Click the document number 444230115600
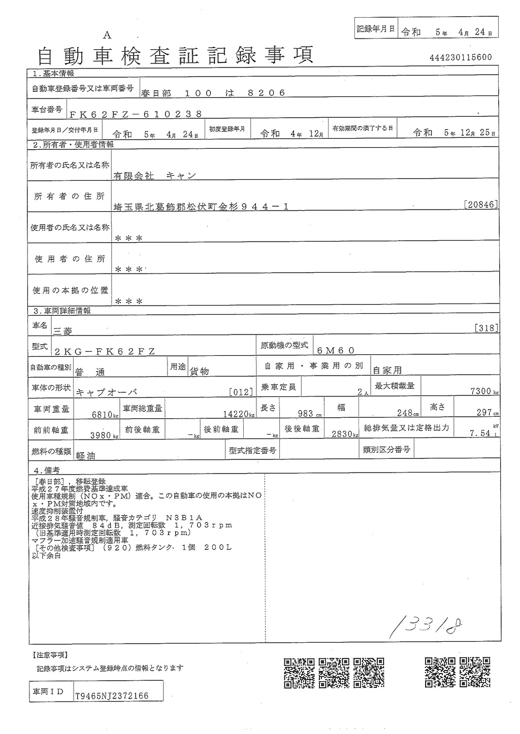point(460,57)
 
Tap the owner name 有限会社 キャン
point(154,175)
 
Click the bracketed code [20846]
point(480,205)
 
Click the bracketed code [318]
point(486,328)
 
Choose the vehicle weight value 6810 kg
point(105,414)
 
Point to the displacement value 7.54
point(479,433)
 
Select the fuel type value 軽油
point(85,456)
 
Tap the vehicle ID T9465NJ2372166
point(112,696)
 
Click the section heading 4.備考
point(46,470)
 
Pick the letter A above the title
point(107,35)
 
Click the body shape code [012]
point(241,392)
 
